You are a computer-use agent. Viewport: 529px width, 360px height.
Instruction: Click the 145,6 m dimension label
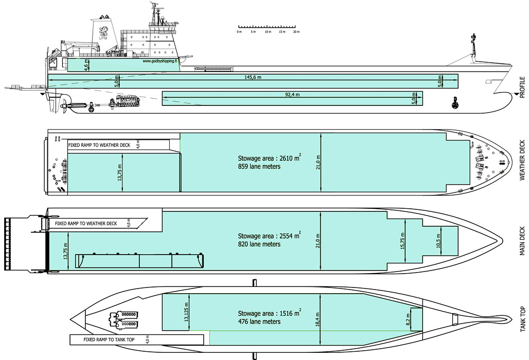[x=252, y=78]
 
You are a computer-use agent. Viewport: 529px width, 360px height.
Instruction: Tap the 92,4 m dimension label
[x=292, y=95]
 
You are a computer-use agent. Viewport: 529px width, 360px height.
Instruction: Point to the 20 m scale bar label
[x=296, y=32]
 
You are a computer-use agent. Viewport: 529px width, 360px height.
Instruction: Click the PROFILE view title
[x=522, y=87]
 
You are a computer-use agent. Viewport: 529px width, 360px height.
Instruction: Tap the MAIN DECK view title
[x=522, y=241]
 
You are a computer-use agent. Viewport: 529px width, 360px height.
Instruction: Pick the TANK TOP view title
[x=522, y=318]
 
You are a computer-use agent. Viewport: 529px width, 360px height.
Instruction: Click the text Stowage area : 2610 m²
[x=269, y=158]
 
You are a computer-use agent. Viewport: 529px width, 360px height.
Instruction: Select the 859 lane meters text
[x=259, y=167]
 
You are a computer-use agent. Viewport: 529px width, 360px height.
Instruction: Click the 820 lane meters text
[x=259, y=244]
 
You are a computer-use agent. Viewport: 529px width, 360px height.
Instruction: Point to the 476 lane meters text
[x=259, y=321]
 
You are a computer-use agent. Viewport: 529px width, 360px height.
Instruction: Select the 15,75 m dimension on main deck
[x=403, y=239]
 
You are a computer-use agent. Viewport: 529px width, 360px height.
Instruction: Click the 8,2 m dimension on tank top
[x=408, y=320]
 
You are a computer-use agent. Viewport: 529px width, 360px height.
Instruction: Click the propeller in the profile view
[x=64, y=106]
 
